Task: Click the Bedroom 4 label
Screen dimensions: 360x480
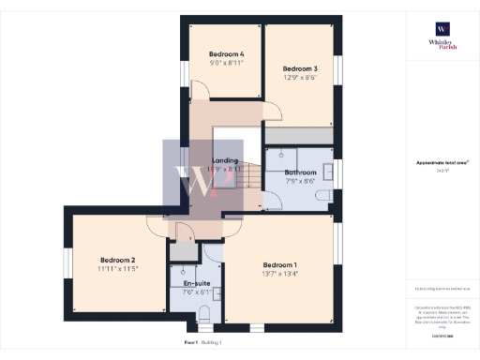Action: coord(226,54)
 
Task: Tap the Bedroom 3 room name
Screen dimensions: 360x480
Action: coord(300,68)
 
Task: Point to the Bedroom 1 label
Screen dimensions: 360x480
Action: coord(280,264)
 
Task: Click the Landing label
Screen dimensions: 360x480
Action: coord(225,160)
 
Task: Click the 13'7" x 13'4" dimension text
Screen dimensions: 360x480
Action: coord(280,275)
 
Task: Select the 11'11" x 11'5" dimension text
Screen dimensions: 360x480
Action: coord(118,269)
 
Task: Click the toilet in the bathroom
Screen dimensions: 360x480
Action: coord(322,197)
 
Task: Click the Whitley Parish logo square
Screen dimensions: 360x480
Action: coord(442,28)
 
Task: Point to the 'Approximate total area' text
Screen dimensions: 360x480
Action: coord(442,163)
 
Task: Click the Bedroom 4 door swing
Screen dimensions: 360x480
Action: coord(200,91)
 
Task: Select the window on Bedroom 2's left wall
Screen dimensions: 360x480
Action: coord(67,262)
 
